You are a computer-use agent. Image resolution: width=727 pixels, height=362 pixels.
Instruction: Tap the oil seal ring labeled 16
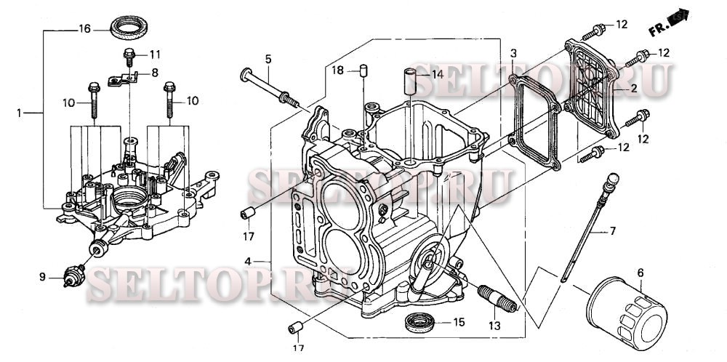[x=129, y=30]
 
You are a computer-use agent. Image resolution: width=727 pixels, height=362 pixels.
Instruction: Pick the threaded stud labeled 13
[x=498, y=298]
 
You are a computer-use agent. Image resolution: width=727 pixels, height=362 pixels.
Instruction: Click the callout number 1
[x=20, y=113]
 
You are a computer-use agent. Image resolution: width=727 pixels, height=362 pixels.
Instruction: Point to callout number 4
[x=249, y=262]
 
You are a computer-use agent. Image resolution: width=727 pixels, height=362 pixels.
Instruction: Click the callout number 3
[x=513, y=54]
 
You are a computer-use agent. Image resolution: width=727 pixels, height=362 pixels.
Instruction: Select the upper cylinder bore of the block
[x=340, y=198]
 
